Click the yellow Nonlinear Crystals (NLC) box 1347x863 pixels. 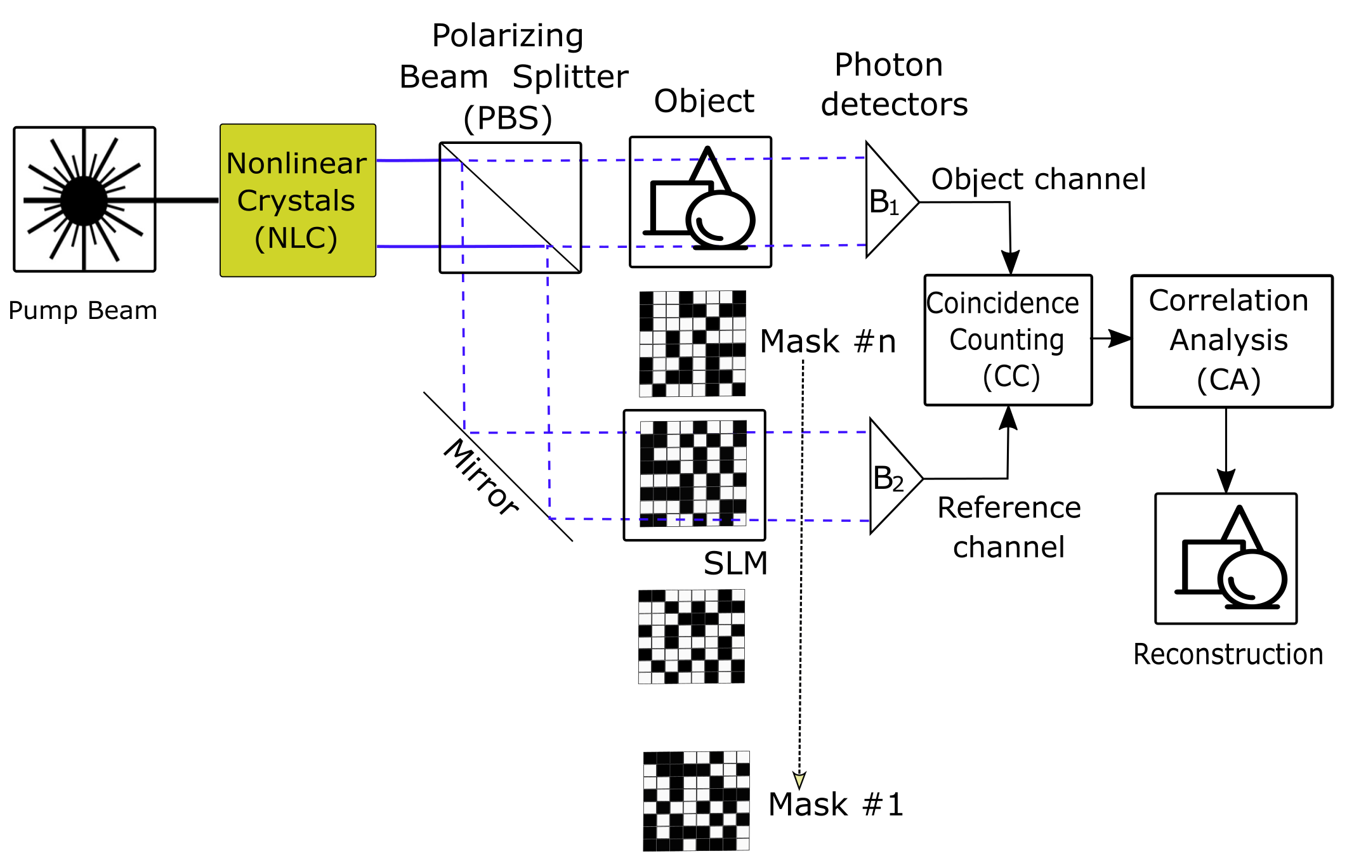[x=298, y=200]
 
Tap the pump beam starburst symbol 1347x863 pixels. [x=84, y=200]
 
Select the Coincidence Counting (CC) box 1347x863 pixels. [x=1008, y=340]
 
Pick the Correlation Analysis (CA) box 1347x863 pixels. [x=1232, y=341]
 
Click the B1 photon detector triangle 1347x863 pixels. [x=888, y=200]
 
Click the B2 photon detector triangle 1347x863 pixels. [x=892, y=477]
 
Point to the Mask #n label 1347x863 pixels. [x=828, y=342]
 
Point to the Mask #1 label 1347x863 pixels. [x=836, y=805]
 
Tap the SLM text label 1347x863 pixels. [x=735, y=563]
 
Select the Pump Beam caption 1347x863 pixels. [x=82, y=311]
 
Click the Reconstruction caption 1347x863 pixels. [x=1228, y=654]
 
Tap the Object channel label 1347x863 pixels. [x=1039, y=179]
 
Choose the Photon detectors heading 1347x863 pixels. [x=894, y=84]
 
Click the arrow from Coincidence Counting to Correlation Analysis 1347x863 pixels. [x=1111, y=339]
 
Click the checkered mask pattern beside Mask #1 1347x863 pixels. [x=696, y=801]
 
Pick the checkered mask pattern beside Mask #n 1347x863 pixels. [x=692, y=344]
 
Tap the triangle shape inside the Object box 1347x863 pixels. [x=709, y=169]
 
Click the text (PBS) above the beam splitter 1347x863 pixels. [x=508, y=118]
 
